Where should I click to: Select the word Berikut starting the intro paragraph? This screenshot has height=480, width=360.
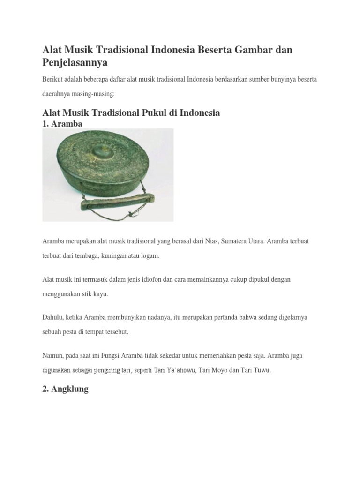pos(52,79)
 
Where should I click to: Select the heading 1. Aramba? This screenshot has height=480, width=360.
pos(62,124)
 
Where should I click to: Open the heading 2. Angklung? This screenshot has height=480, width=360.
pos(65,390)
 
